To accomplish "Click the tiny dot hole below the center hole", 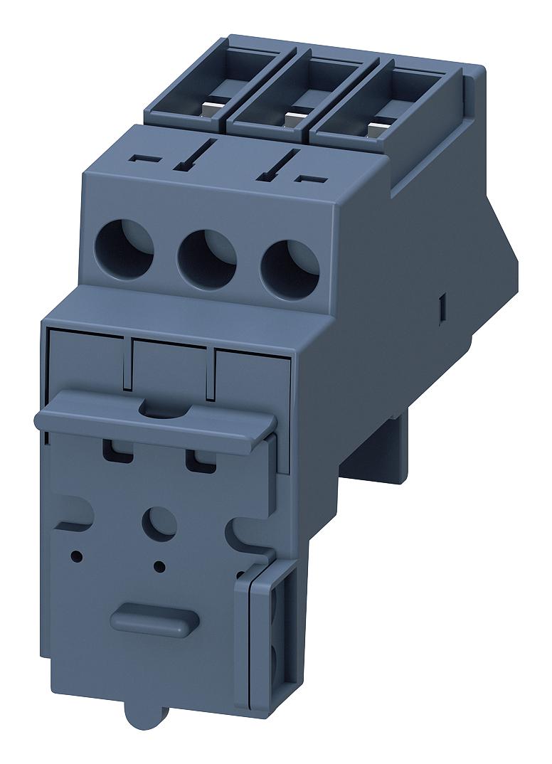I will [x=159, y=566].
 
